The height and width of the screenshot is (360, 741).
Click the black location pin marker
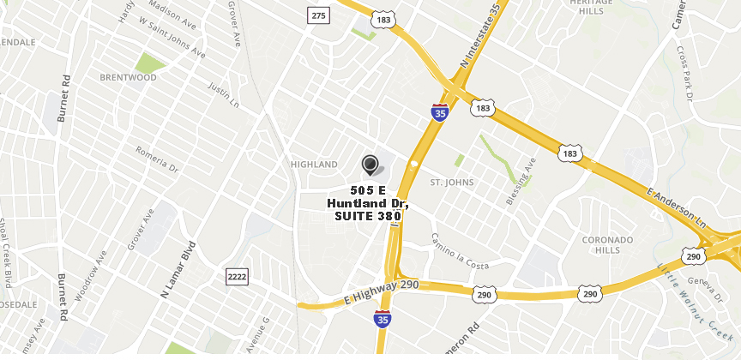pyautogui.click(x=370, y=164)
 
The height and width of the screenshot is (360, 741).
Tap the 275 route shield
pyautogui.click(x=319, y=15)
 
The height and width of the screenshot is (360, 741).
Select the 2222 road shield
pyautogui.click(x=237, y=276)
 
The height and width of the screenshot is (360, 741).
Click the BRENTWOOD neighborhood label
pyautogui.click(x=128, y=77)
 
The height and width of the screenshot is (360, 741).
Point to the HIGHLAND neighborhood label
pyautogui.click(x=314, y=164)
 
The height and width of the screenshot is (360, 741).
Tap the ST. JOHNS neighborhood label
pyautogui.click(x=452, y=183)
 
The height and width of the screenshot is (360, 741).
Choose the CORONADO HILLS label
pyautogui.click(x=607, y=244)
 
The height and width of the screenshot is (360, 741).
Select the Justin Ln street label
pyautogui.click(x=224, y=95)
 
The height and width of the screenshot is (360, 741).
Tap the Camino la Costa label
pyautogui.click(x=460, y=251)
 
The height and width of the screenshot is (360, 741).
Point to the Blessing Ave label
pyautogui.click(x=521, y=181)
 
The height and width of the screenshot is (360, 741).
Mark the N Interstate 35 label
pyautogui.click(x=480, y=36)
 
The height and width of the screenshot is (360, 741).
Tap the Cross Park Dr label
pyautogui.click(x=684, y=73)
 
